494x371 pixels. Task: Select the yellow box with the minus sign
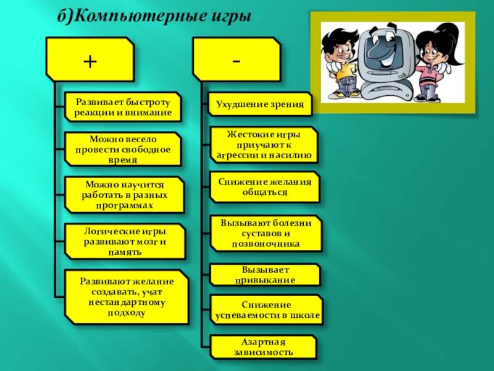(x=237, y=60)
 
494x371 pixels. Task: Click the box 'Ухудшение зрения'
(x=259, y=104)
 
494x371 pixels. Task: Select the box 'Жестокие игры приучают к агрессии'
(x=264, y=145)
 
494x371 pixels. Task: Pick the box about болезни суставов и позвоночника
(x=266, y=233)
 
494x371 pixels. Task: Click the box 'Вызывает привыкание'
(x=265, y=275)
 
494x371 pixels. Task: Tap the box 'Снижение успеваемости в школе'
(x=267, y=310)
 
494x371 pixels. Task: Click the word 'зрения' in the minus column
(x=289, y=104)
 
